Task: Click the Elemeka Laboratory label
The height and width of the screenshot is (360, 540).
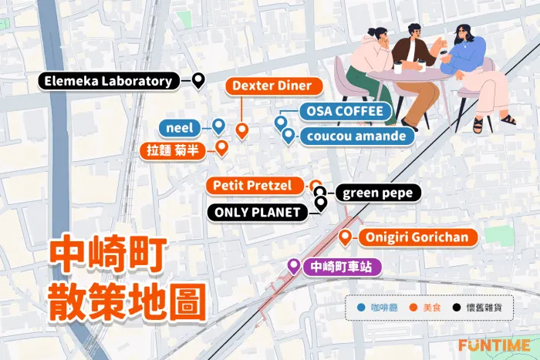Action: click(x=107, y=81)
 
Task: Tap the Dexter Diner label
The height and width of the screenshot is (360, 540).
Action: click(x=272, y=86)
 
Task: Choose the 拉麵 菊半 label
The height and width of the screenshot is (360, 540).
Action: click(x=175, y=150)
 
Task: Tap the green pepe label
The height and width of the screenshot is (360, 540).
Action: click(x=378, y=193)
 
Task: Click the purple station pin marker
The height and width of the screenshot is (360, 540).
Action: click(x=293, y=266)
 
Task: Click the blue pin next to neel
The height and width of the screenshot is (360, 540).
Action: click(x=218, y=125)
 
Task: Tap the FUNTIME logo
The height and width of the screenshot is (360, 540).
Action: click(x=494, y=345)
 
